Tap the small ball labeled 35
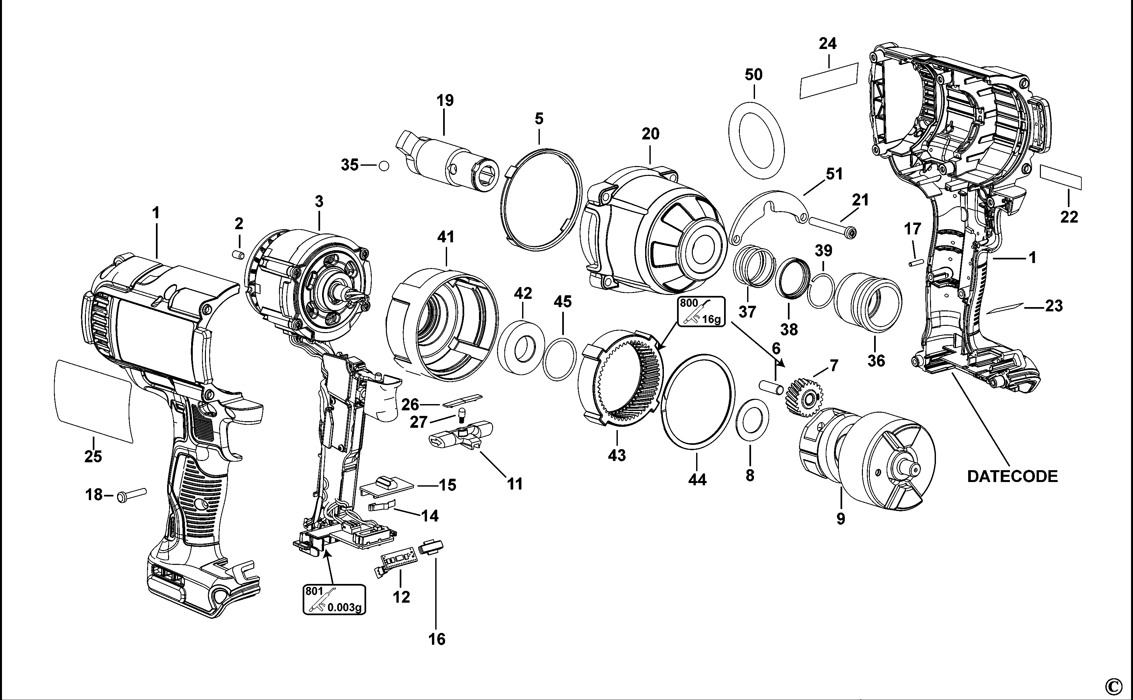384,166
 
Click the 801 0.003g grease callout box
334,599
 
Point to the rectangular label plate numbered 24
829,81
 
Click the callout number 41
446,237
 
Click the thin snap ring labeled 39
821,291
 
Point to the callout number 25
93,456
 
